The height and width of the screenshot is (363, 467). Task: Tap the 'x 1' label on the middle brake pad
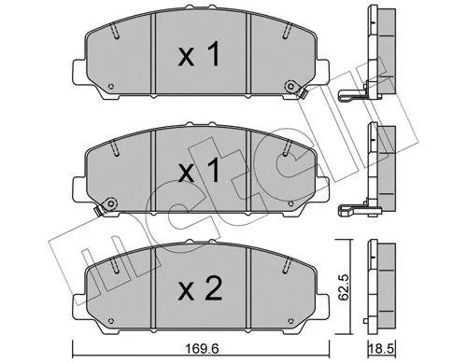199,172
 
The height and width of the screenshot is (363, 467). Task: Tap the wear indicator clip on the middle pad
106,203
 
